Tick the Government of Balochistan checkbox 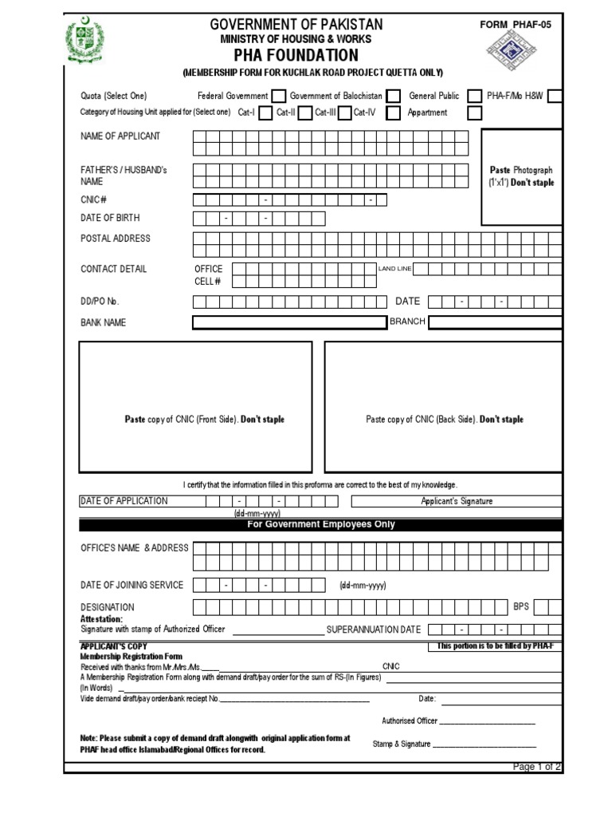click(x=394, y=97)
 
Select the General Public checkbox click(x=475, y=97)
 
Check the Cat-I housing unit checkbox click(x=265, y=113)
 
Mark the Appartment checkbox click(x=475, y=113)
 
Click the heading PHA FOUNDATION click(x=296, y=55)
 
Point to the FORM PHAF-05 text click(x=515, y=25)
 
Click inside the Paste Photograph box click(x=521, y=176)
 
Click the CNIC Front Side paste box click(x=195, y=407)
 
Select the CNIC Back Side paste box click(x=443, y=407)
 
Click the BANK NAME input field click(x=289, y=322)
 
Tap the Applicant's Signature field click(x=457, y=501)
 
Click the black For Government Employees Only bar click(x=320, y=525)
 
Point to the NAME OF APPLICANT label click(x=120, y=136)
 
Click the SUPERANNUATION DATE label click(x=374, y=630)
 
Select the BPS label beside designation click(x=521, y=607)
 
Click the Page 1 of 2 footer click(x=536, y=767)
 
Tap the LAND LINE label click(x=394, y=269)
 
